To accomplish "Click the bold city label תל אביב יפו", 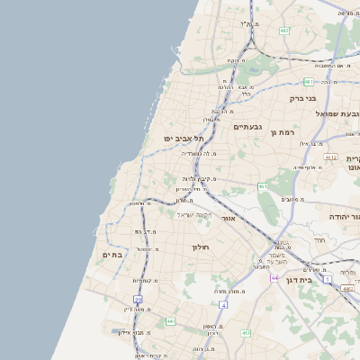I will point(184,138).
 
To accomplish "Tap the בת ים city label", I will point(112,255).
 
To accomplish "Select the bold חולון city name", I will point(200,247).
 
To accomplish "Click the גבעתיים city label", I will point(247,127).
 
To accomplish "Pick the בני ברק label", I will point(301,98).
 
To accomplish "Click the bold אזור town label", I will point(228,218).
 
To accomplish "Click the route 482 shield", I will point(284,31).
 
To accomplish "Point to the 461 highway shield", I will point(263,186).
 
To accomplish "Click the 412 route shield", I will point(245,332).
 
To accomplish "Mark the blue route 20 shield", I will point(138,299).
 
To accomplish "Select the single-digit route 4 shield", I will point(223,305).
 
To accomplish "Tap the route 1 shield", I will point(328,280).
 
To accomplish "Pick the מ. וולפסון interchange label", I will point(133,204).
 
